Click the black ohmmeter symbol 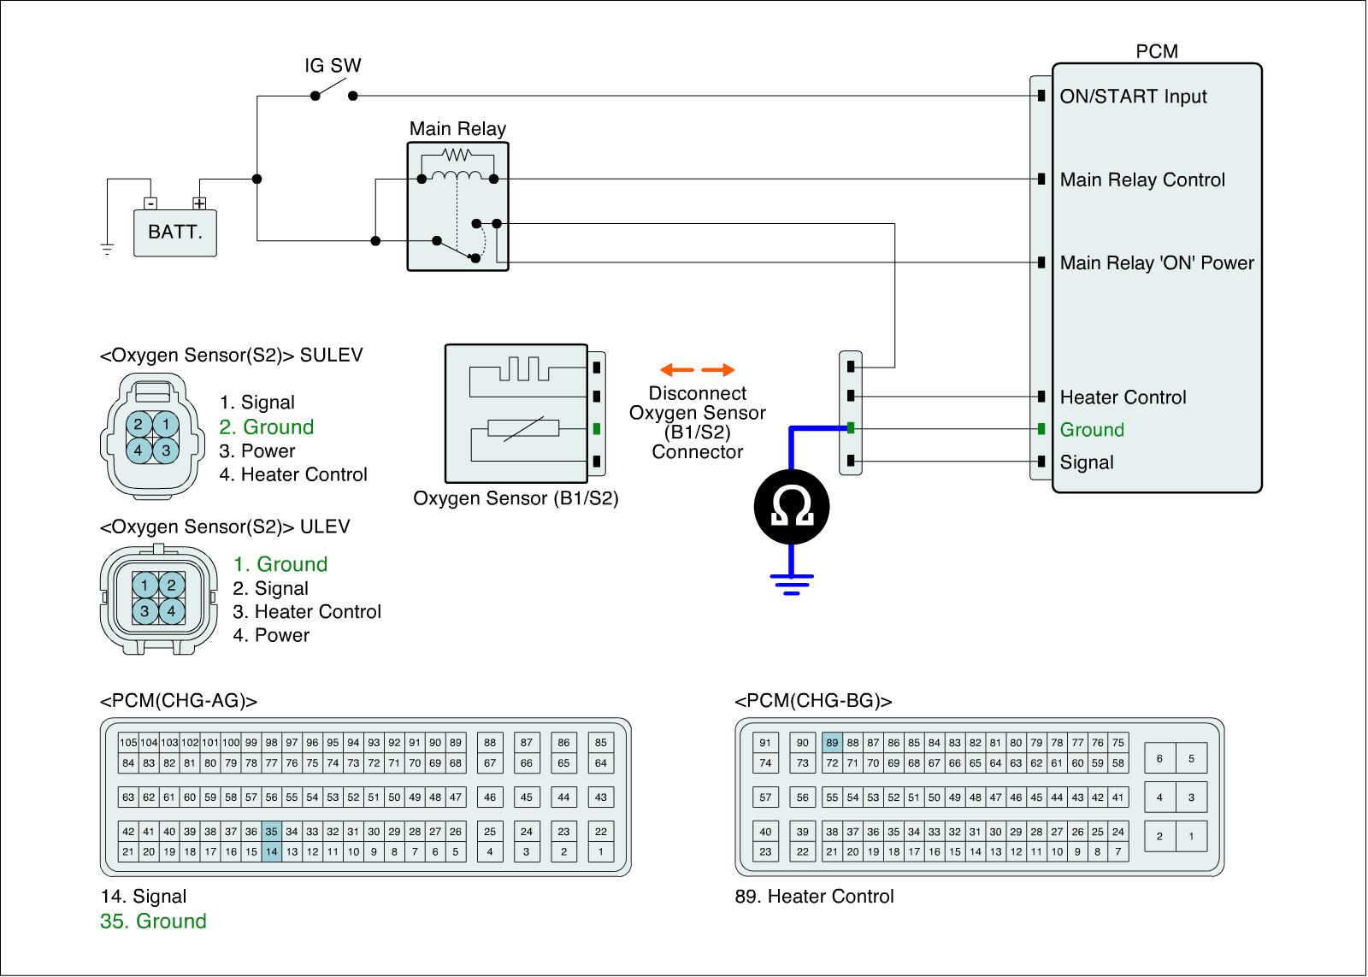tap(792, 507)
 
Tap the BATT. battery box tap(175, 232)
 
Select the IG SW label tap(333, 65)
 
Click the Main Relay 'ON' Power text tap(1157, 263)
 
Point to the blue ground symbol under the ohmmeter tap(792, 584)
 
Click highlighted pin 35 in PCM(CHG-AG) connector tap(272, 831)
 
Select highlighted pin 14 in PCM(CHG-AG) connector tap(272, 851)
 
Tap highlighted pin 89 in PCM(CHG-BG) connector tap(832, 743)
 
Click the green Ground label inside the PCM tap(1092, 430)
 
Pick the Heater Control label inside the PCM tap(1123, 397)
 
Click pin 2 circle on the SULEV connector tap(139, 424)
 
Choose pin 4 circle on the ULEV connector tap(172, 611)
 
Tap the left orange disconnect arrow tap(676, 369)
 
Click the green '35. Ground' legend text tap(153, 921)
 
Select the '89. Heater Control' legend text tap(814, 897)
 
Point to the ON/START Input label tap(1134, 97)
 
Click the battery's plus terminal tap(199, 203)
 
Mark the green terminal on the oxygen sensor tap(597, 429)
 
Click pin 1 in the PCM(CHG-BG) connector tap(1191, 837)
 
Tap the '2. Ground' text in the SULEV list tap(267, 427)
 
